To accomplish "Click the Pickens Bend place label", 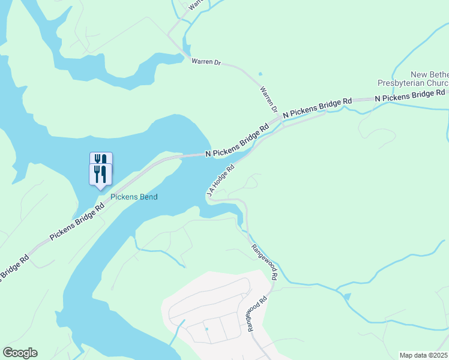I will pyautogui.click(x=133, y=197).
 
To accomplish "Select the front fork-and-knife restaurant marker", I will pyautogui.click(x=100, y=175).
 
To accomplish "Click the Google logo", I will pyautogui.click(x=20, y=353).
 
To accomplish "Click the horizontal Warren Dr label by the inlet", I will pyautogui.click(x=206, y=62).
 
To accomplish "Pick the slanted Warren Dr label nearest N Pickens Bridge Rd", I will pyautogui.click(x=269, y=100).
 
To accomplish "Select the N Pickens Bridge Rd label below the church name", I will pyautogui.click(x=410, y=95).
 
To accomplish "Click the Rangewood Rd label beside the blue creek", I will pyautogui.click(x=264, y=262).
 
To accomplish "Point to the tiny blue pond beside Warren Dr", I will pyautogui.click(x=260, y=74).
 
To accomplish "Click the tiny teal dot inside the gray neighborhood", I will pyautogui.click(x=206, y=329).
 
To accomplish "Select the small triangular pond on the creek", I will pyautogui.click(x=346, y=296).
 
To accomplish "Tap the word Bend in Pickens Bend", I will pyautogui.click(x=148, y=197).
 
